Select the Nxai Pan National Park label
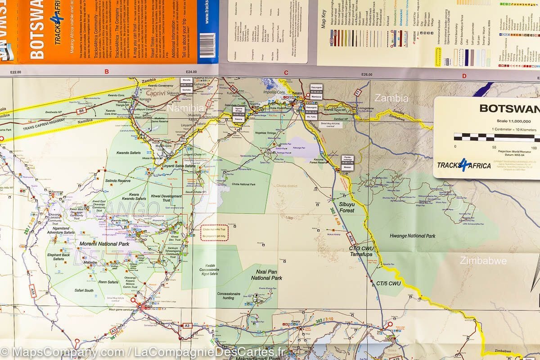click(266, 275)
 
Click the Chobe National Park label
click(243, 184)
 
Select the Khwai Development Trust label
click(167, 199)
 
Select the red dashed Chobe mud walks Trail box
click(215, 233)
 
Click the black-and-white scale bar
click(495, 137)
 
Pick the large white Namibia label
click(186, 108)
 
